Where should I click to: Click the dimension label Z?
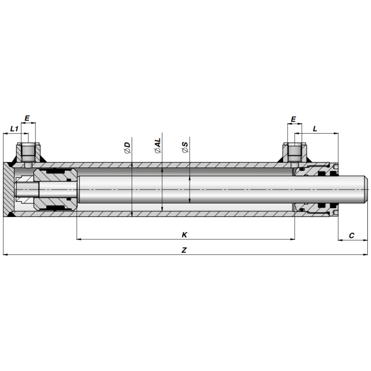[184, 250]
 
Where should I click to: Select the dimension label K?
[184, 235]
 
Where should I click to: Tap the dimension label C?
[352, 236]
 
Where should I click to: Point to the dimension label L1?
[14, 129]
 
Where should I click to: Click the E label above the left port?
[27, 118]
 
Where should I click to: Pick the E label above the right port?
[293, 119]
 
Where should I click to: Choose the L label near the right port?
[315, 129]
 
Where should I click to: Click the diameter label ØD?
[127, 147]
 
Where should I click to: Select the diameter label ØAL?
[158, 146]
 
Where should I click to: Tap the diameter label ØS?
[185, 147]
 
